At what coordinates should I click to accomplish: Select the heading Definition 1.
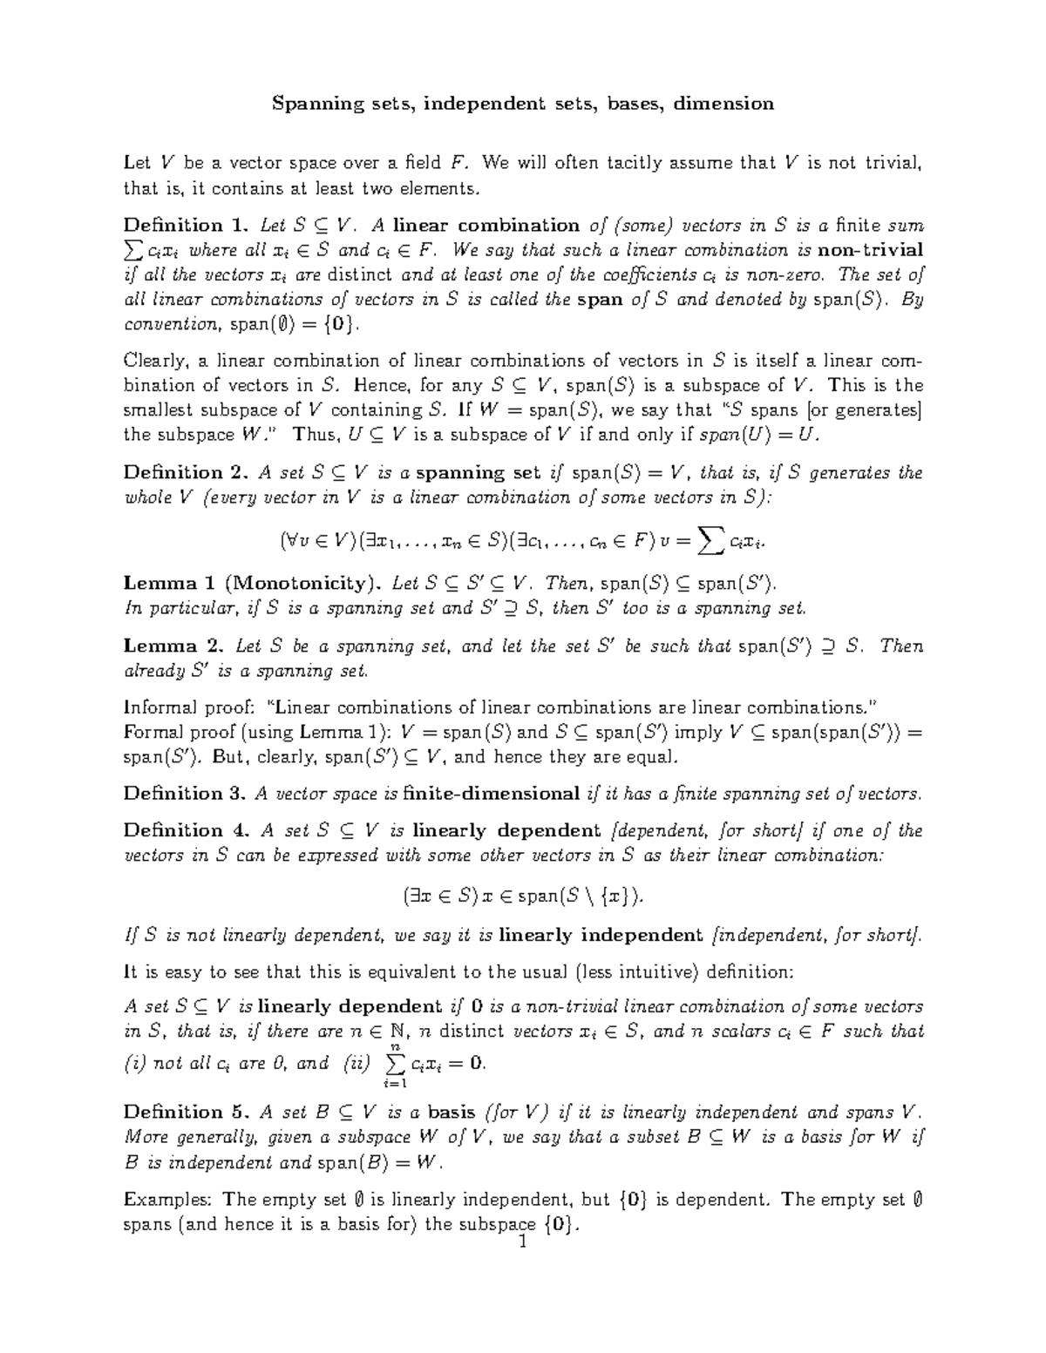point(187,225)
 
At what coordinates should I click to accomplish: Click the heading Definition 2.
point(187,473)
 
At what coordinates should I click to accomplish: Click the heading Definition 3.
point(187,794)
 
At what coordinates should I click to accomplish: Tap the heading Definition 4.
point(187,830)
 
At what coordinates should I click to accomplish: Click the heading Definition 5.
point(187,1113)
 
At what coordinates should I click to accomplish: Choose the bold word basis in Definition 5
point(452,1113)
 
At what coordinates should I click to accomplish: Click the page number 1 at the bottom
point(523,1243)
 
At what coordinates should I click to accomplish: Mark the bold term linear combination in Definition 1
point(486,225)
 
